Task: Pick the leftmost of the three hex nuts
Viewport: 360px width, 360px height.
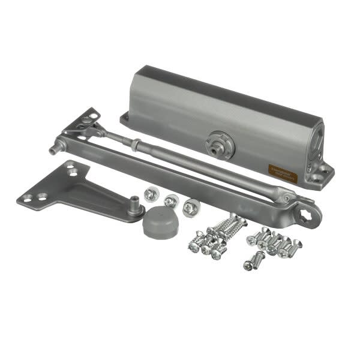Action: click(151, 194)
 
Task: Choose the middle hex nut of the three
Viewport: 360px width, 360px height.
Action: click(171, 201)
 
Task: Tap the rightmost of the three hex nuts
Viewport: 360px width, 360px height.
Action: click(191, 207)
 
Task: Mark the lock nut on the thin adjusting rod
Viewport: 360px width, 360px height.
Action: click(136, 144)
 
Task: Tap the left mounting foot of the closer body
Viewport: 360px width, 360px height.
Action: click(126, 118)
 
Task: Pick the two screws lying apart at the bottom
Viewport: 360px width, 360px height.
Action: click(254, 260)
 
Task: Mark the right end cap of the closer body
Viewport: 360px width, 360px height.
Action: click(316, 144)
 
